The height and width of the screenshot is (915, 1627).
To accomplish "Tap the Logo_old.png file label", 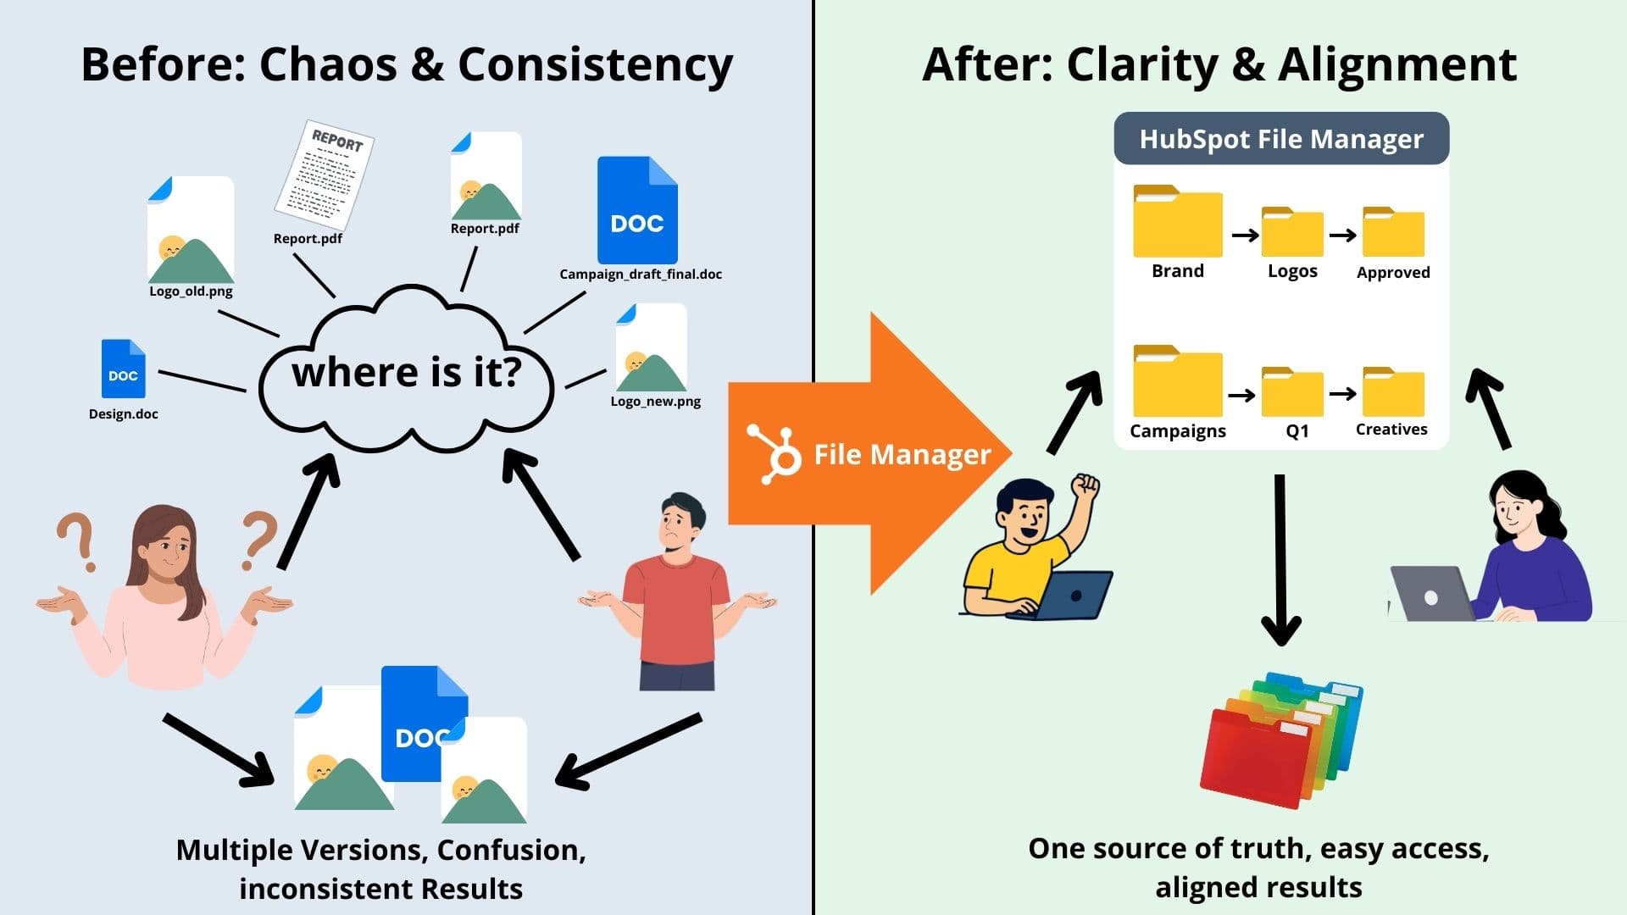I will [191, 291].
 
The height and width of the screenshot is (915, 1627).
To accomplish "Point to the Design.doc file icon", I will [123, 369].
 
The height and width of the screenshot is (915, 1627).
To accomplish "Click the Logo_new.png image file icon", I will [651, 348].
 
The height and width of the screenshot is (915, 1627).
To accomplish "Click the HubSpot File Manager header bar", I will [1280, 139].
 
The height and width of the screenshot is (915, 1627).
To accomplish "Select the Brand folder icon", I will [1177, 222].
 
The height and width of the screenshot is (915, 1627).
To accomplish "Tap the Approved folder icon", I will [1393, 232].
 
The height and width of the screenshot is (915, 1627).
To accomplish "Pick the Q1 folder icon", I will [1292, 392].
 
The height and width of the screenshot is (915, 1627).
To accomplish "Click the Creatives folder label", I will [1391, 430].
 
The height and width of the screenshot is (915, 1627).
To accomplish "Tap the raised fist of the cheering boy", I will [1085, 488].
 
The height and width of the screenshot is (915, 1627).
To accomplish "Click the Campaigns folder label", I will [1177, 431].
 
